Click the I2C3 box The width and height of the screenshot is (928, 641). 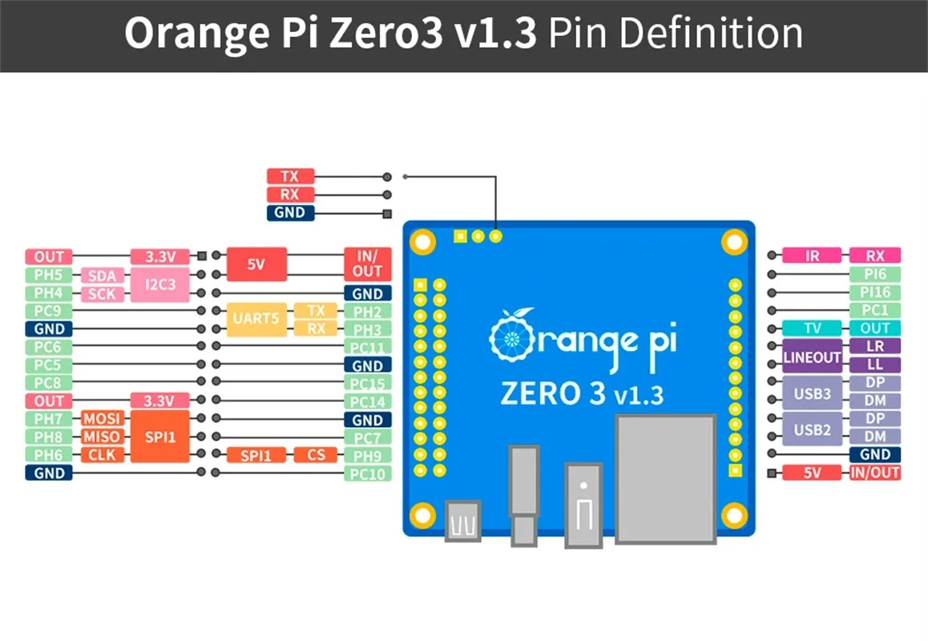click(x=159, y=284)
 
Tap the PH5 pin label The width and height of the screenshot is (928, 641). click(x=48, y=276)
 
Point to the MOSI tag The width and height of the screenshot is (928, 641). click(x=101, y=419)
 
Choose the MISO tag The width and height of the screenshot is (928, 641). click(x=101, y=437)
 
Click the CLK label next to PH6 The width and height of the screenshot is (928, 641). click(x=101, y=455)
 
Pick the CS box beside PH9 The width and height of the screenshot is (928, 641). click(x=316, y=455)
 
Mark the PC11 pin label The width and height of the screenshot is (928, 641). click(x=367, y=347)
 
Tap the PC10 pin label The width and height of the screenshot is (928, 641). click(x=367, y=474)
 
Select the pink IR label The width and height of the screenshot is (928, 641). click(x=812, y=256)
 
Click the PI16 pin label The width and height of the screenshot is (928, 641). click(x=874, y=292)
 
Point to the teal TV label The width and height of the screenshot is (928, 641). click(x=812, y=329)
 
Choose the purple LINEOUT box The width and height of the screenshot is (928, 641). click(x=812, y=357)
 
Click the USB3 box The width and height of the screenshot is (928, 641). click(x=812, y=393)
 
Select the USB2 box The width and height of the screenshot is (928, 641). click(x=812, y=429)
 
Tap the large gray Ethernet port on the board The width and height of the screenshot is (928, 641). click(x=664, y=479)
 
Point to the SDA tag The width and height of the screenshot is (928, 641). click(x=101, y=276)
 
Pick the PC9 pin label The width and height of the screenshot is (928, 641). click(x=48, y=311)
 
